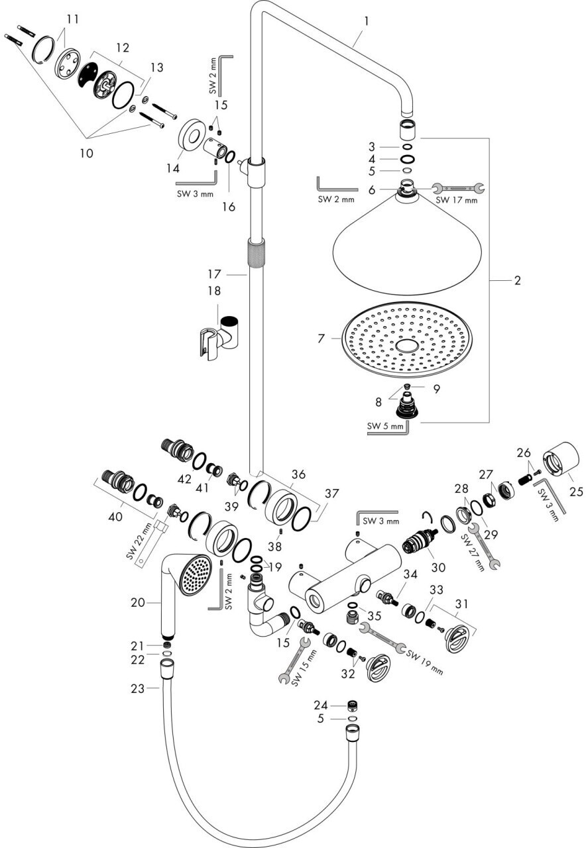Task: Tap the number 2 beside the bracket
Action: click(x=517, y=280)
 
